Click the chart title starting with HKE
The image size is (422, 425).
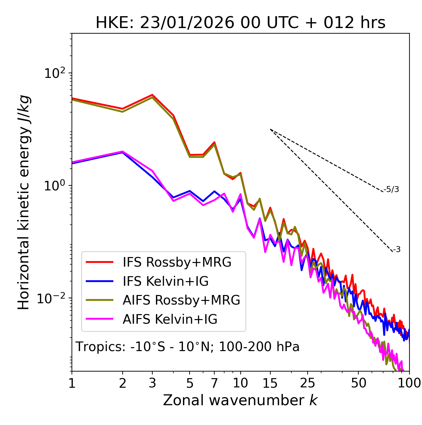point(240,23)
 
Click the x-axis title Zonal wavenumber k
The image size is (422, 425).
point(240,400)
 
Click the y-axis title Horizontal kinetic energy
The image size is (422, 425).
point(24,202)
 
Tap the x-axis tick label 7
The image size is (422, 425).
point(214,383)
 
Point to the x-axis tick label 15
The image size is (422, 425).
point(270,383)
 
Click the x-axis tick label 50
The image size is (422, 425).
point(358,383)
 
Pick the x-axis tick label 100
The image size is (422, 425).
point(409,383)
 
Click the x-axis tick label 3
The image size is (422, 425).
point(152,383)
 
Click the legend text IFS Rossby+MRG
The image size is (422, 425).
point(177,262)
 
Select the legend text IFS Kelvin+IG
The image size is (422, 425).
point(166,281)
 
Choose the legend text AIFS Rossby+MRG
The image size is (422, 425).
point(181,300)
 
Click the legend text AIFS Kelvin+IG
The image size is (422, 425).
point(170,319)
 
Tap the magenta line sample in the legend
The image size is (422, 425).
point(100,319)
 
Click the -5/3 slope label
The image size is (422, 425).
point(391,189)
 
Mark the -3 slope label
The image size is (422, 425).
point(397,249)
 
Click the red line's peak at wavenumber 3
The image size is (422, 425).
point(152,95)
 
